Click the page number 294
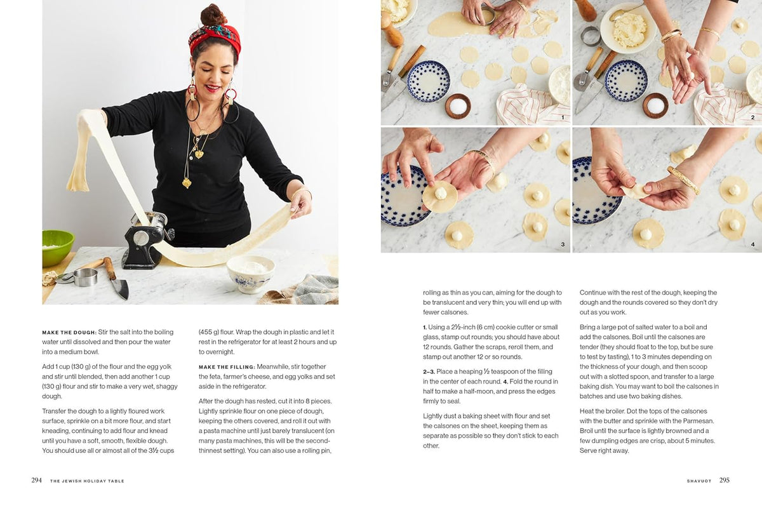tap(36, 481)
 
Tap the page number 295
tap(725, 481)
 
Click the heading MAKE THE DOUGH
tap(69, 332)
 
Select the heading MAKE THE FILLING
tap(226, 367)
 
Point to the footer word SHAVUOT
tap(700, 481)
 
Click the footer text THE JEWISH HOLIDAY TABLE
tap(87, 481)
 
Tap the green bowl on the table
tap(57, 247)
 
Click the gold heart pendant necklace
tap(198, 154)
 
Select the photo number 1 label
tap(562, 117)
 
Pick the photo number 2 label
tap(752, 117)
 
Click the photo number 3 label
tap(562, 244)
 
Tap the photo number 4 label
tap(752, 244)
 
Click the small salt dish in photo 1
tap(458, 105)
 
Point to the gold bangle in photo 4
tap(683, 180)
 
